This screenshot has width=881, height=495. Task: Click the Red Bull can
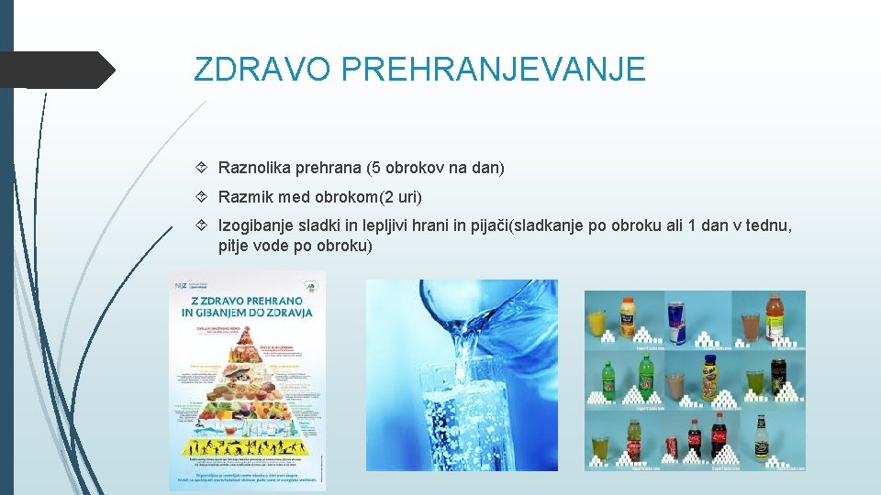click(676, 323)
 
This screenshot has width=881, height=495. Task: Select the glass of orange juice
click(597, 323)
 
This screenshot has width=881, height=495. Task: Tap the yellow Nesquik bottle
click(710, 379)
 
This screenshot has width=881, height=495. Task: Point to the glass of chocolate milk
click(676, 385)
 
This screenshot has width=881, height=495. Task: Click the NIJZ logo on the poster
click(181, 286)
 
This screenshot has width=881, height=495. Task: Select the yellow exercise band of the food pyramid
click(246, 446)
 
